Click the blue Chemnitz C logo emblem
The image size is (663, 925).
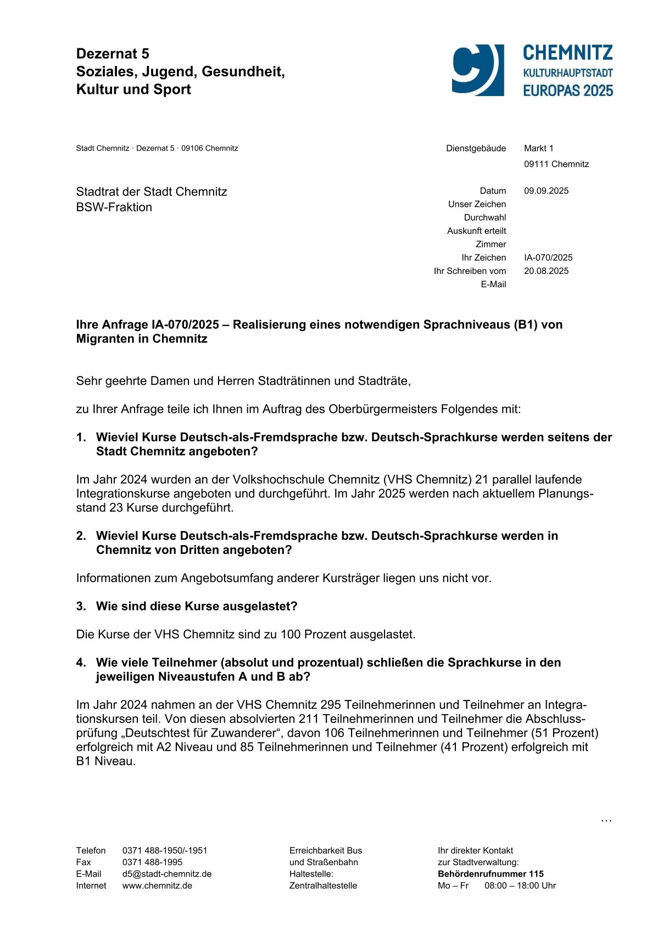(477, 70)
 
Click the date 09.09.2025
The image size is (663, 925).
(546, 191)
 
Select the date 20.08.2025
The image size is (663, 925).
(546, 271)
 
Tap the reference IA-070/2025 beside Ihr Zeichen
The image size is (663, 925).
(548, 257)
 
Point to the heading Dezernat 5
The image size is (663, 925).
(113, 54)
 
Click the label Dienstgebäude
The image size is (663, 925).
(476, 148)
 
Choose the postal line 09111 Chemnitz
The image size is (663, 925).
(556, 164)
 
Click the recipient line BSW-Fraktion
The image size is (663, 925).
(114, 208)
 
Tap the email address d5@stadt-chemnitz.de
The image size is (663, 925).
(166, 874)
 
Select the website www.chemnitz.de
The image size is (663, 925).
(157, 885)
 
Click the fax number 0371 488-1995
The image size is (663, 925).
(152, 862)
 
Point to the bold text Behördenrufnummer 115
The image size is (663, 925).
(491, 874)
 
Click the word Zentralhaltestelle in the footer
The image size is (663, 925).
(323, 885)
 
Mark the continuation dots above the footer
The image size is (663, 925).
(606, 821)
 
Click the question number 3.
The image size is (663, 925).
(81, 606)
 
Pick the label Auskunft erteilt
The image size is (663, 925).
(476, 231)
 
